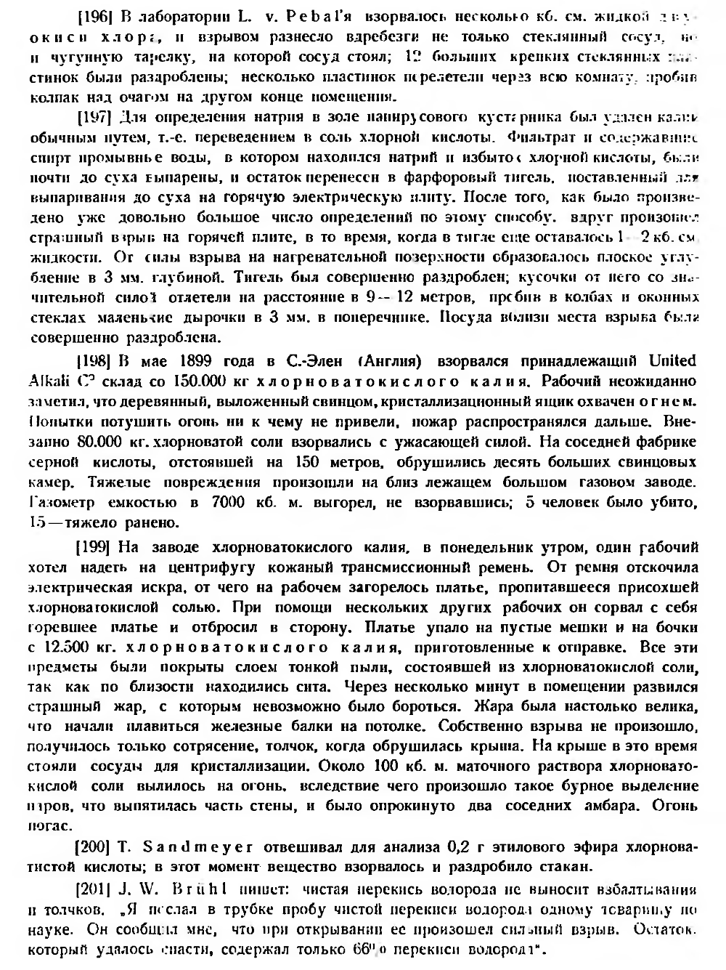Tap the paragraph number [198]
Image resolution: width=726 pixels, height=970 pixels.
coord(92,361)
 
